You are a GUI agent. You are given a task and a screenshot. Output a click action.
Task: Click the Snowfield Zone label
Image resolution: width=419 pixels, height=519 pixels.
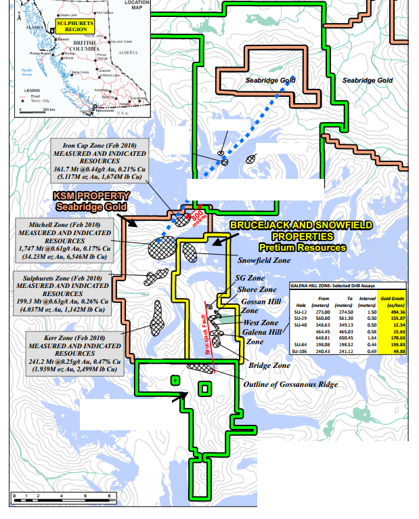click(264, 259)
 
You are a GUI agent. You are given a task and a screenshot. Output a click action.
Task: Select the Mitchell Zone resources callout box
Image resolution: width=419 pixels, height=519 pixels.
click(66, 241)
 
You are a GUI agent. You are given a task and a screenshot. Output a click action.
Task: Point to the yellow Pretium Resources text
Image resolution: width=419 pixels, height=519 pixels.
click(302, 247)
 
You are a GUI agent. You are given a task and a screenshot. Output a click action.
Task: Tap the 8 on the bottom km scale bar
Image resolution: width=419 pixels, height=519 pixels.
click(110, 496)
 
